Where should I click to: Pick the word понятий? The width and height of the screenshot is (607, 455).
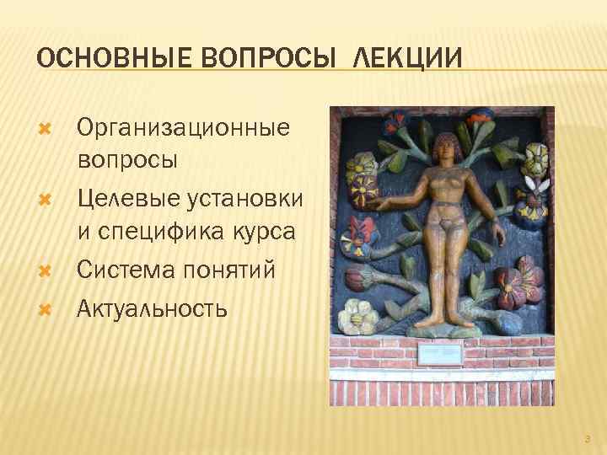[x=239, y=270]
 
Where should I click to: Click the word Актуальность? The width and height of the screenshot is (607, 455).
[x=152, y=308]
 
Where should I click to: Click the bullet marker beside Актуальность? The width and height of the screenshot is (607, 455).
[x=46, y=309]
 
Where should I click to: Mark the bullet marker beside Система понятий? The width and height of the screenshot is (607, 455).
[x=46, y=271]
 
